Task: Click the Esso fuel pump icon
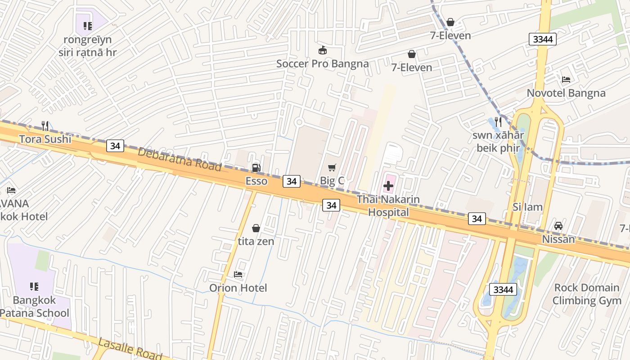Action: tap(256, 168)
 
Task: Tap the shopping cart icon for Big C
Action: tap(332, 167)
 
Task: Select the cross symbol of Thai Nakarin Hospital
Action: tap(388, 185)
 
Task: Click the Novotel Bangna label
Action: tap(566, 93)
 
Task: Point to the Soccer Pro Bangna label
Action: tap(322, 63)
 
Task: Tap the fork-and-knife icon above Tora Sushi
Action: tap(45, 126)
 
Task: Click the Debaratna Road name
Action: tap(180, 159)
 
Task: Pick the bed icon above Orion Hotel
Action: tap(238, 274)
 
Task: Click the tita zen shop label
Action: tap(256, 241)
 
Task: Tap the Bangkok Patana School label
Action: tap(35, 306)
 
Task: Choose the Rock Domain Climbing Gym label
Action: tap(586, 294)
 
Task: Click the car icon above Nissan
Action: tap(558, 226)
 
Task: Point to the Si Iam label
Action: tap(527, 207)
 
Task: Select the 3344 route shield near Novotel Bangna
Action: tap(543, 39)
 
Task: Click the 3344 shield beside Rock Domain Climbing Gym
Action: tap(503, 289)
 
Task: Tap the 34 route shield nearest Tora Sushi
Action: tap(115, 146)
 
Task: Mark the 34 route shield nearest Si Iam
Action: tap(477, 219)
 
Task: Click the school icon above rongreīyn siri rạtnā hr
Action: tap(88, 26)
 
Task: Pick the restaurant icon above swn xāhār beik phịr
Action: tap(498, 121)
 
